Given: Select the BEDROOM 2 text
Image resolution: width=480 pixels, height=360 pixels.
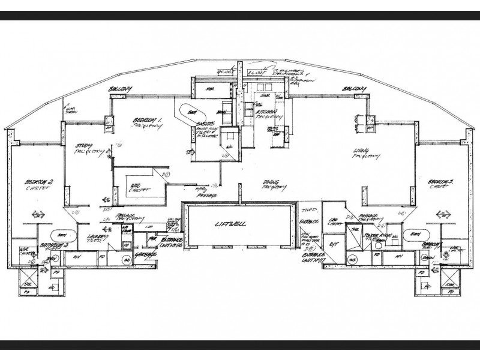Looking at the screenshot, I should click(39, 181).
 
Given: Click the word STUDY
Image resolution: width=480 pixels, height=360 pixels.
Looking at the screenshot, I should click(83, 146).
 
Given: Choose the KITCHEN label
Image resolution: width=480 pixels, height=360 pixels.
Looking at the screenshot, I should click(265, 112).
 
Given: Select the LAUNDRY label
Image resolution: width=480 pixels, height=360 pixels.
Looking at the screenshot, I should click(96, 236).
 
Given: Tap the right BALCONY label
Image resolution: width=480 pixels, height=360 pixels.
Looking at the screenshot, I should click(354, 89).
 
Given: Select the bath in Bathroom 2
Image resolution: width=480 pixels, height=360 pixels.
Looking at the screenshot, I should click(60, 235).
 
